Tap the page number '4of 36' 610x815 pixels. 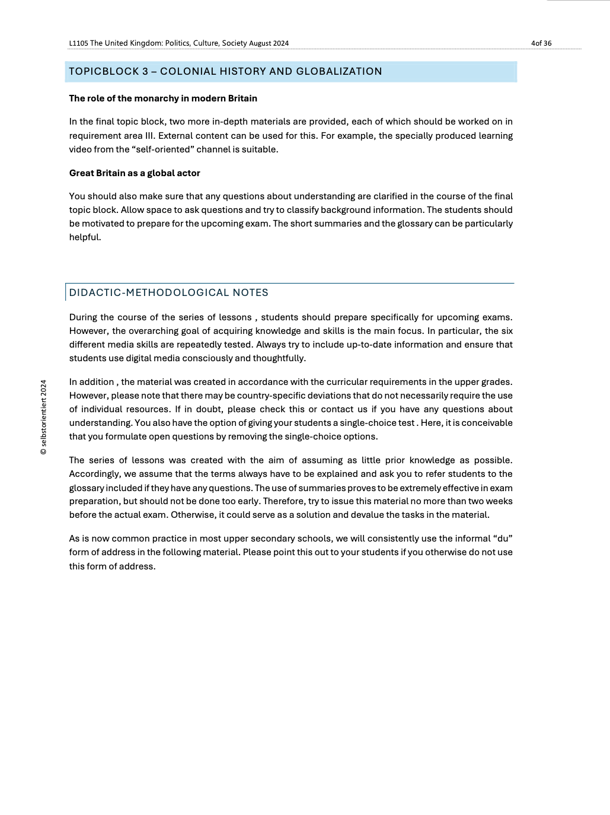pyautogui.click(x=541, y=43)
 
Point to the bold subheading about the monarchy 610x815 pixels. pyautogui.click(x=163, y=98)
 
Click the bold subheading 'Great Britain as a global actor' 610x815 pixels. pyautogui.click(x=135, y=173)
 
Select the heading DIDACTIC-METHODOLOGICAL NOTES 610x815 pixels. pyautogui.click(x=169, y=292)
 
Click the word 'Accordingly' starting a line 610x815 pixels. pyautogui.click(x=95, y=474)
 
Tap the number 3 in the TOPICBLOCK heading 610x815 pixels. pyautogui.click(x=145, y=72)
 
